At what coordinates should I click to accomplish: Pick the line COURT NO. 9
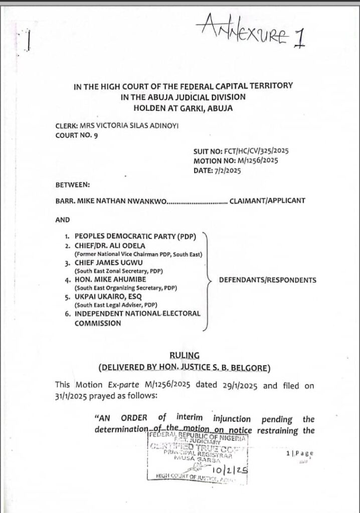77,136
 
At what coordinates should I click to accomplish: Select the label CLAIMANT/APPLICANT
267,201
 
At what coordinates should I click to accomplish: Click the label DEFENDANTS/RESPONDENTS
268,280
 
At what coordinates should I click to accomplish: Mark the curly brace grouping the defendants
206,281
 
